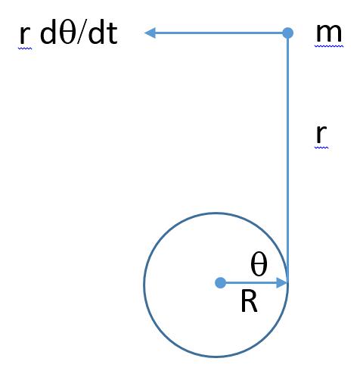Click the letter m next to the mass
(x=329, y=33)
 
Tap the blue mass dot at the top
(x=287, y=33)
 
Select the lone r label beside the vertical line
(x=321, y=134)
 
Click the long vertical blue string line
(x=287, y=157)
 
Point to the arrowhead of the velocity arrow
(x=151, y=33)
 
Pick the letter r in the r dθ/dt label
(x=25, y=35)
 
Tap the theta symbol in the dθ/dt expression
(x=67, y=33)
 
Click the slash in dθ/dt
(x=81, y=33)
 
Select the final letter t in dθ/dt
(x=113, y=35)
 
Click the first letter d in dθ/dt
(x=48, y=33)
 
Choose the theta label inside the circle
(x=259, y=264)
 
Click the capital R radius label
(x=249, y=301)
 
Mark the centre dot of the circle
(x=221, y=283)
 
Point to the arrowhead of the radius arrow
(x=282, y=283)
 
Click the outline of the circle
(x=144, y=285)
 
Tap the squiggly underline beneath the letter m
(x=329, y=46)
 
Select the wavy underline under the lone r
(x=321, y=148)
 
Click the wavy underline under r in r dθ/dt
(x=25, y=48)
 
